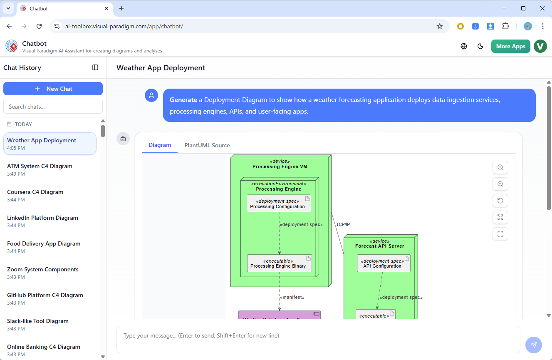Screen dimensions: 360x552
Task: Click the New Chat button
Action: [x=53, y=89]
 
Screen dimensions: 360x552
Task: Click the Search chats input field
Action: [x=53, y=107]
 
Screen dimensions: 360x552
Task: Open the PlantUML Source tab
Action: [x=207, y=145]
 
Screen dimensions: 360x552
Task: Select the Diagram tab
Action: [x=160, y=145]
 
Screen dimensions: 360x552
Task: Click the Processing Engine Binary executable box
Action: [x=279, y=263]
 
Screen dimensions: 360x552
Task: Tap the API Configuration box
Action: [x=383, y=263]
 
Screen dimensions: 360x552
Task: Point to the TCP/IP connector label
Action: [x=343, y=224]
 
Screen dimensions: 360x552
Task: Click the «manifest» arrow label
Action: [x=292, y=297]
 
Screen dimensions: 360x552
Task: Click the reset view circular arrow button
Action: [x=500, y=201]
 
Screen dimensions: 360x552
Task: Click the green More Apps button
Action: [x=510, y=46]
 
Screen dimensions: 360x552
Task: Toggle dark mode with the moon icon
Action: [x=480, y=46]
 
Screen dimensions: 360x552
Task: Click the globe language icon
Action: [x=464, y=46]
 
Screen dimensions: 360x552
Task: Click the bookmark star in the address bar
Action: [x=439, y=26]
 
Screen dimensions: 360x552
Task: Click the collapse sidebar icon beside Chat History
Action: [x=95, y=67]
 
